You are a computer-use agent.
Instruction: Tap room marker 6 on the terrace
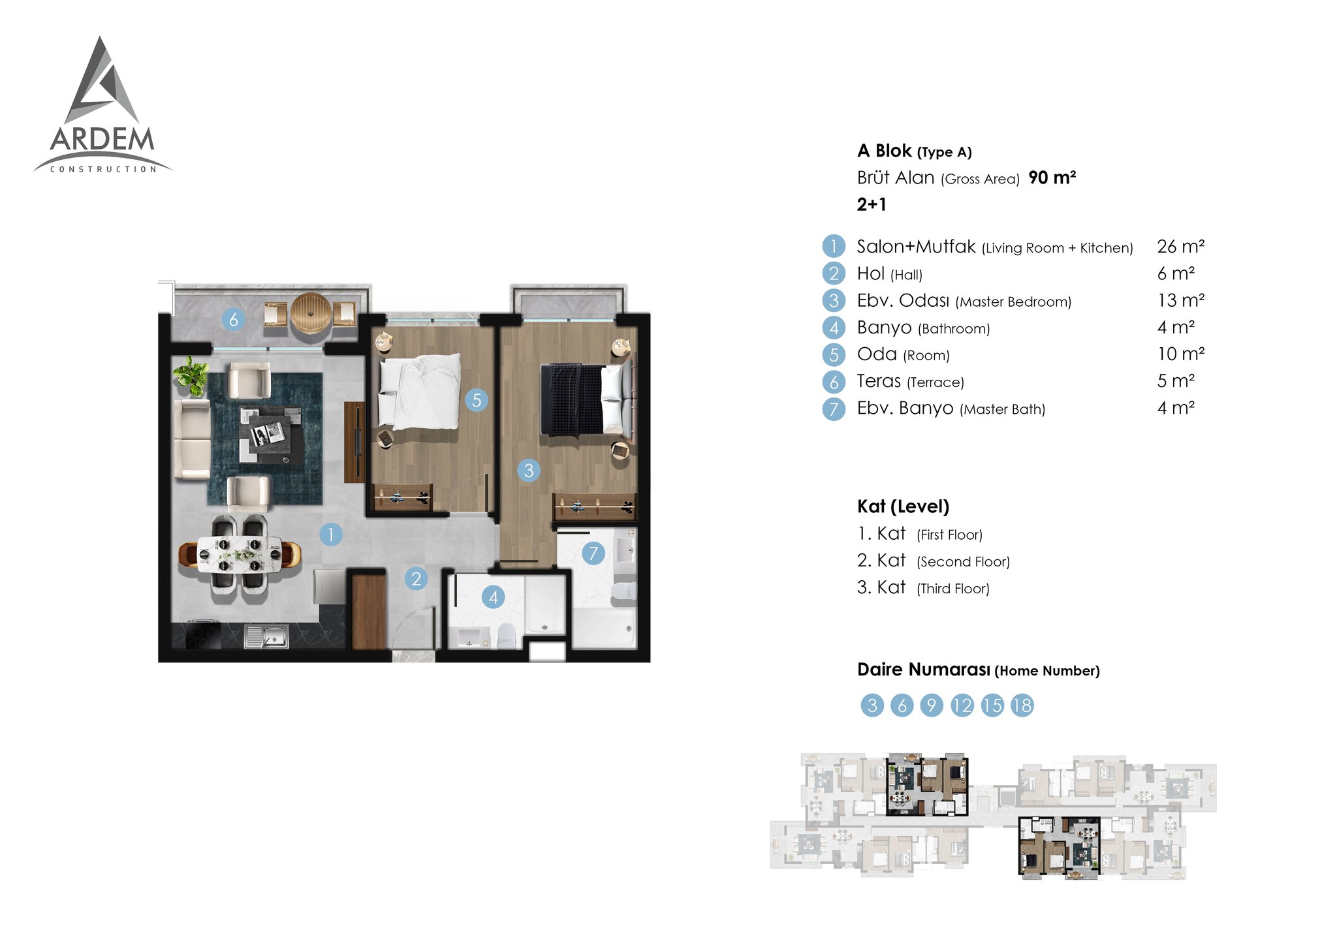click(x=234, y=319)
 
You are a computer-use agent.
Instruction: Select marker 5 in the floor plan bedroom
click(x=477, y=400)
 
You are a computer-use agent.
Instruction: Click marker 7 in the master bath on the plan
click(x=593, y=553)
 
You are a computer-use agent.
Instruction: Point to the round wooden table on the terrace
click(x=312, y=314)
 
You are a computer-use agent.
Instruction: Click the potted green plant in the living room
click(x=190, y=376)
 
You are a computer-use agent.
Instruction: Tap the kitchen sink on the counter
click(x=266, y=636)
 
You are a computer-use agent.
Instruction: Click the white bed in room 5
click(x=420, y=392)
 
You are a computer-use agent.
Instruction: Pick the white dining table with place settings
click(x=240, y=553)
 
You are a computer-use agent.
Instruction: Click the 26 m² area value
click(x=1180, y=247)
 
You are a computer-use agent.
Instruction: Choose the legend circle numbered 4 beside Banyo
click(x=834, y=328)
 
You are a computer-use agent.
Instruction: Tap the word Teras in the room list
click(x=879, y=381)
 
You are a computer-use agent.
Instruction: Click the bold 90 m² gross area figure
click(x=1052, y=178)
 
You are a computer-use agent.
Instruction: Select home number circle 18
click(x=1022, y=705)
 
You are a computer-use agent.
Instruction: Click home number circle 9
click(x=932, y=705)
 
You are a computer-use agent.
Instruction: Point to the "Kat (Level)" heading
click(x=903, y=506)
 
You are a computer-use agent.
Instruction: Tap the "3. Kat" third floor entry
click(x=881, y=587)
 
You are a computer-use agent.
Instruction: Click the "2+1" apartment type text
click(x=872, y=205)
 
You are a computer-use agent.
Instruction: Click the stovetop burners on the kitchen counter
click(x=203, y=635)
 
